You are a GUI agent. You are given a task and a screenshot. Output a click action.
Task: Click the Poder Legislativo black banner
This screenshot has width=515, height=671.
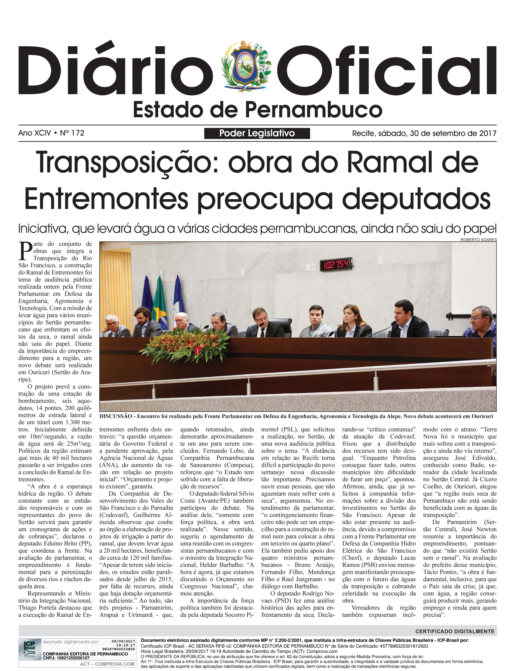(x=257, y=133)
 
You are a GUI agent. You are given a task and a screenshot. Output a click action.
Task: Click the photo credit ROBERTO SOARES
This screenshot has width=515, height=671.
(x=478, y=240)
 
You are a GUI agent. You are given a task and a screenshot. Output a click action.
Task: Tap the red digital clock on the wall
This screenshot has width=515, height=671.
(x=336, y=264)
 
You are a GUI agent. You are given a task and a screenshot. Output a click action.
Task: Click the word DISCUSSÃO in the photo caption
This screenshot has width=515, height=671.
(x=116, y=416)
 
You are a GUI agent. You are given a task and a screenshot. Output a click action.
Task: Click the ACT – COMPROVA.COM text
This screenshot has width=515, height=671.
(x=107, y=664)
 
